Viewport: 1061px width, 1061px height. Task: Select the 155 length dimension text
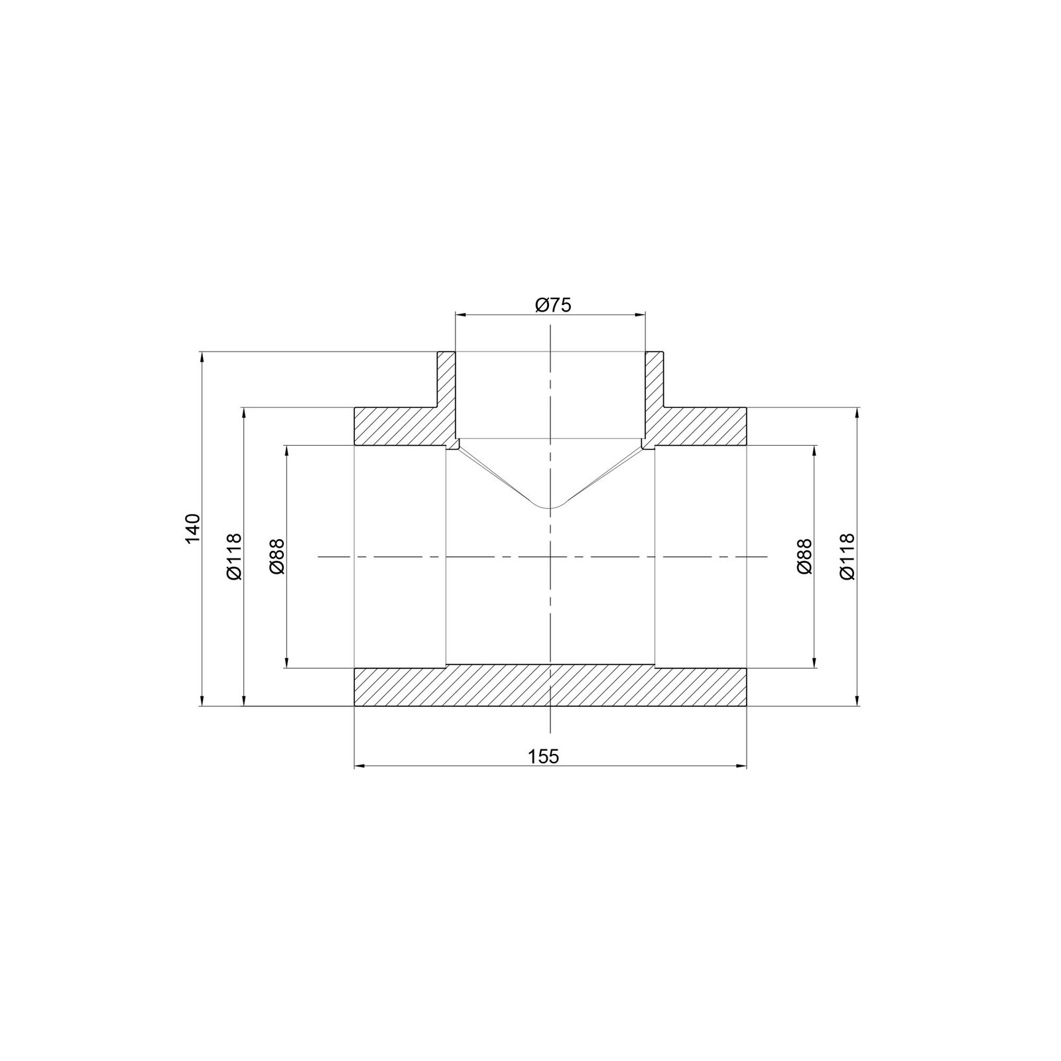point(544,756)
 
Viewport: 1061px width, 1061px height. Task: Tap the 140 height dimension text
point(192,529)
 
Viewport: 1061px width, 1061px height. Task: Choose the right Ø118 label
point(847,556)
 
